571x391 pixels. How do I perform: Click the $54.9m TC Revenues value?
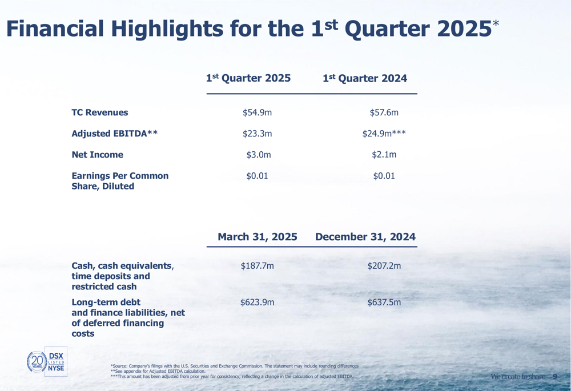point(257,112)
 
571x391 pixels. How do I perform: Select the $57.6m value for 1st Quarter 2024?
point(384,112)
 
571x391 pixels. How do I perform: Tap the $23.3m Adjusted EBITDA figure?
point(257,134)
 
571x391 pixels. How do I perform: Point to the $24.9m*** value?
point(384,134)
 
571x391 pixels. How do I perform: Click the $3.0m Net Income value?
point(259,155)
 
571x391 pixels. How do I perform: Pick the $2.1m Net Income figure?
point(384,155)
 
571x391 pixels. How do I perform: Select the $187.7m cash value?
point(257,266)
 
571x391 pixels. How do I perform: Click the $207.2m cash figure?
point(384,266)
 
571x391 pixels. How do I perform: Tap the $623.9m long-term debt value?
point(257,302)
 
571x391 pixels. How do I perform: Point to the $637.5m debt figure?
point(384,302)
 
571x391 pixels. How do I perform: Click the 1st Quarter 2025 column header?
point(248,78)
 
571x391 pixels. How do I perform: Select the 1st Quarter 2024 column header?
point(365,78)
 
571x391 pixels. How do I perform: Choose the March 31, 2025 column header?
point(258,237)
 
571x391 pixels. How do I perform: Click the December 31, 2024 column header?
point(365,237)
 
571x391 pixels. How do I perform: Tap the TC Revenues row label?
point(100,112)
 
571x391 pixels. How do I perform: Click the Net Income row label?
point(97,155)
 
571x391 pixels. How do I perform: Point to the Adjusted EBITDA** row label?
point(115,134)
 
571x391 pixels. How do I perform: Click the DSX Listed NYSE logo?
point(56,361)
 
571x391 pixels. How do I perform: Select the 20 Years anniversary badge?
point(37,361)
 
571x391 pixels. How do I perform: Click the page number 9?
point(554,376)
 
